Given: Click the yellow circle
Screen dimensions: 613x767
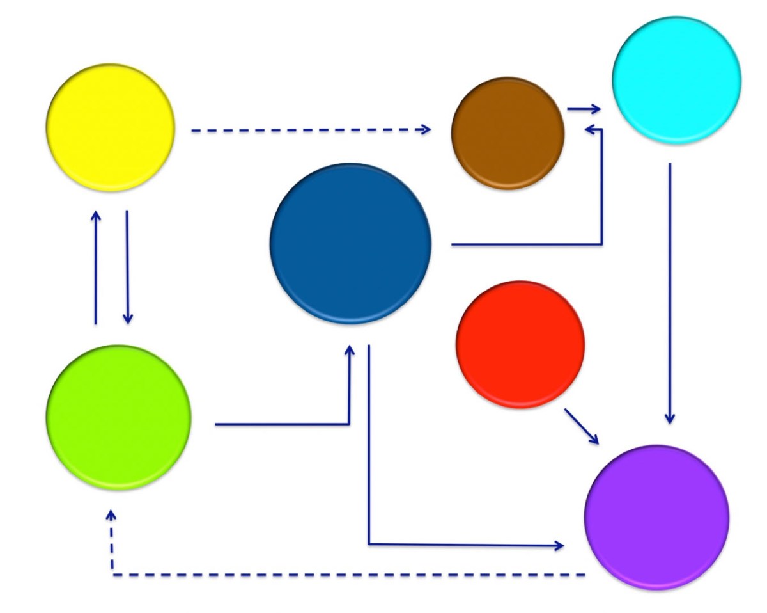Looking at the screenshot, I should [111, 127].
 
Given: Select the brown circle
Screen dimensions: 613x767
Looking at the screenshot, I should [508, 133].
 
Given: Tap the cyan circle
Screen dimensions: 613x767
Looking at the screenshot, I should [676, 80].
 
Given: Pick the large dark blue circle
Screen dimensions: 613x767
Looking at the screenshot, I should [351, 243].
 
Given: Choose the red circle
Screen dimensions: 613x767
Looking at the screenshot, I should [520, 344].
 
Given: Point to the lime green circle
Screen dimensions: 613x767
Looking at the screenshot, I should [119, 417].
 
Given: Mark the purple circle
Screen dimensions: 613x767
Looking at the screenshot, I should [656, 516].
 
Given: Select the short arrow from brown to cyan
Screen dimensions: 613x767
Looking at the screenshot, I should [583, 109].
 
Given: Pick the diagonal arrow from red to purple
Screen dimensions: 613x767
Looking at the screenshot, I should [581, 426].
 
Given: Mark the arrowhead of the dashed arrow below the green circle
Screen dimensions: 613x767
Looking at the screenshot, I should [112, 514].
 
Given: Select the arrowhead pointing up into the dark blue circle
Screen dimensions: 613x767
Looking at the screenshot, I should [350, 351].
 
